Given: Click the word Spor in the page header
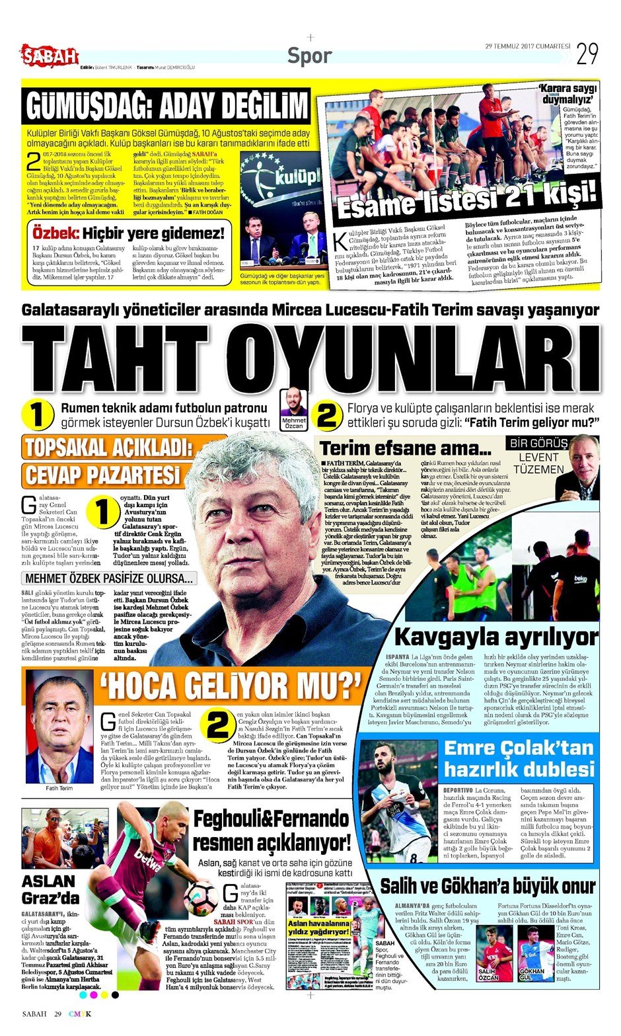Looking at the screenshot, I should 309,56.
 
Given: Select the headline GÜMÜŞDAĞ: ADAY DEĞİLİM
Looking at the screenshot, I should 166,106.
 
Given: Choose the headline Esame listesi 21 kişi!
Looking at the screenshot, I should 466,198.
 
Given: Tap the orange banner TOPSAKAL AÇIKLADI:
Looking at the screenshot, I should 108,448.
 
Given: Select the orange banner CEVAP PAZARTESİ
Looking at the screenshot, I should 103,475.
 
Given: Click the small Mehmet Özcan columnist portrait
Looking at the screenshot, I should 294,403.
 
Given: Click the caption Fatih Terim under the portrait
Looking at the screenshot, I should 59,788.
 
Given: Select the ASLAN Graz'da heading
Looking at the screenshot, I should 50,889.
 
